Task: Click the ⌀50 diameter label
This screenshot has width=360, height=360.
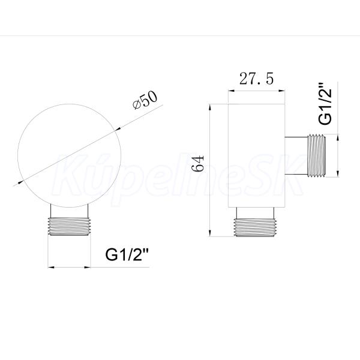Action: [145, 100]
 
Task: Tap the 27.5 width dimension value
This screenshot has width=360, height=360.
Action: [256, 79]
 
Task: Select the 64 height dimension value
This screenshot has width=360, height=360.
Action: [199, 164]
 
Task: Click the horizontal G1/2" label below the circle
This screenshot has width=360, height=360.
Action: [127, 254]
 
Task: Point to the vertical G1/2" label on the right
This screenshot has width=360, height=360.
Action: [325, 104]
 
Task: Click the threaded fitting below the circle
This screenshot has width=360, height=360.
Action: [69, 226]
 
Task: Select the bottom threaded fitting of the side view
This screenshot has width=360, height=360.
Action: [255, 227]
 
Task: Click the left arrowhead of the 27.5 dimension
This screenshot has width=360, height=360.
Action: [231, 91]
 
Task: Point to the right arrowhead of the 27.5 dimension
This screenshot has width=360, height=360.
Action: [282, 91]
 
